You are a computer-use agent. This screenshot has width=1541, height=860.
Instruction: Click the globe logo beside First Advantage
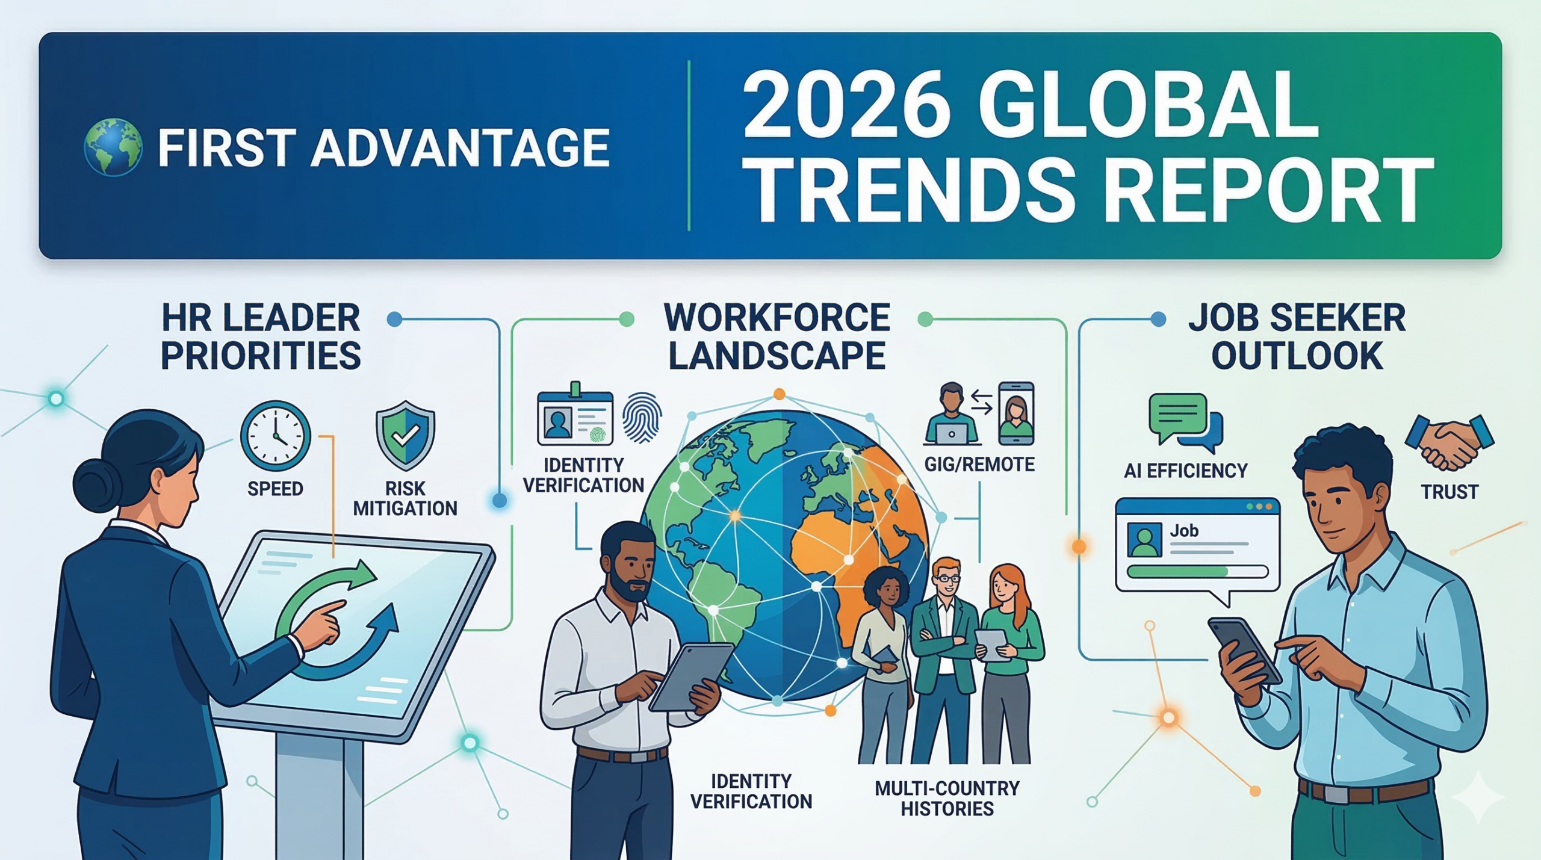click(113, 147)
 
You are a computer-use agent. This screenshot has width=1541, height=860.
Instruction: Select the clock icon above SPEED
click(275, 435)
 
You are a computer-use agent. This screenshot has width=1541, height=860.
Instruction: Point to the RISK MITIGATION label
click(405, 498)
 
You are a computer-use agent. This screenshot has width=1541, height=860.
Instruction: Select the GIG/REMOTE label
click(979, 465)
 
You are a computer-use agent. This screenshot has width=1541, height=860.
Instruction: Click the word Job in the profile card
click(1184, 531)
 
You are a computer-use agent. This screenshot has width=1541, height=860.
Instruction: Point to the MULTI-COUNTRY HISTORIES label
click(947, 798)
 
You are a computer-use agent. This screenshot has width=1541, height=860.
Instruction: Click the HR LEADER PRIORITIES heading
click(261, 336)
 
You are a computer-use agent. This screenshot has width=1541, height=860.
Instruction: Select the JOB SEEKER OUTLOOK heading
click(1297, 336)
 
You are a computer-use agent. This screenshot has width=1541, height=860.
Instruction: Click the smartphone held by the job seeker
click(1243, 651)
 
